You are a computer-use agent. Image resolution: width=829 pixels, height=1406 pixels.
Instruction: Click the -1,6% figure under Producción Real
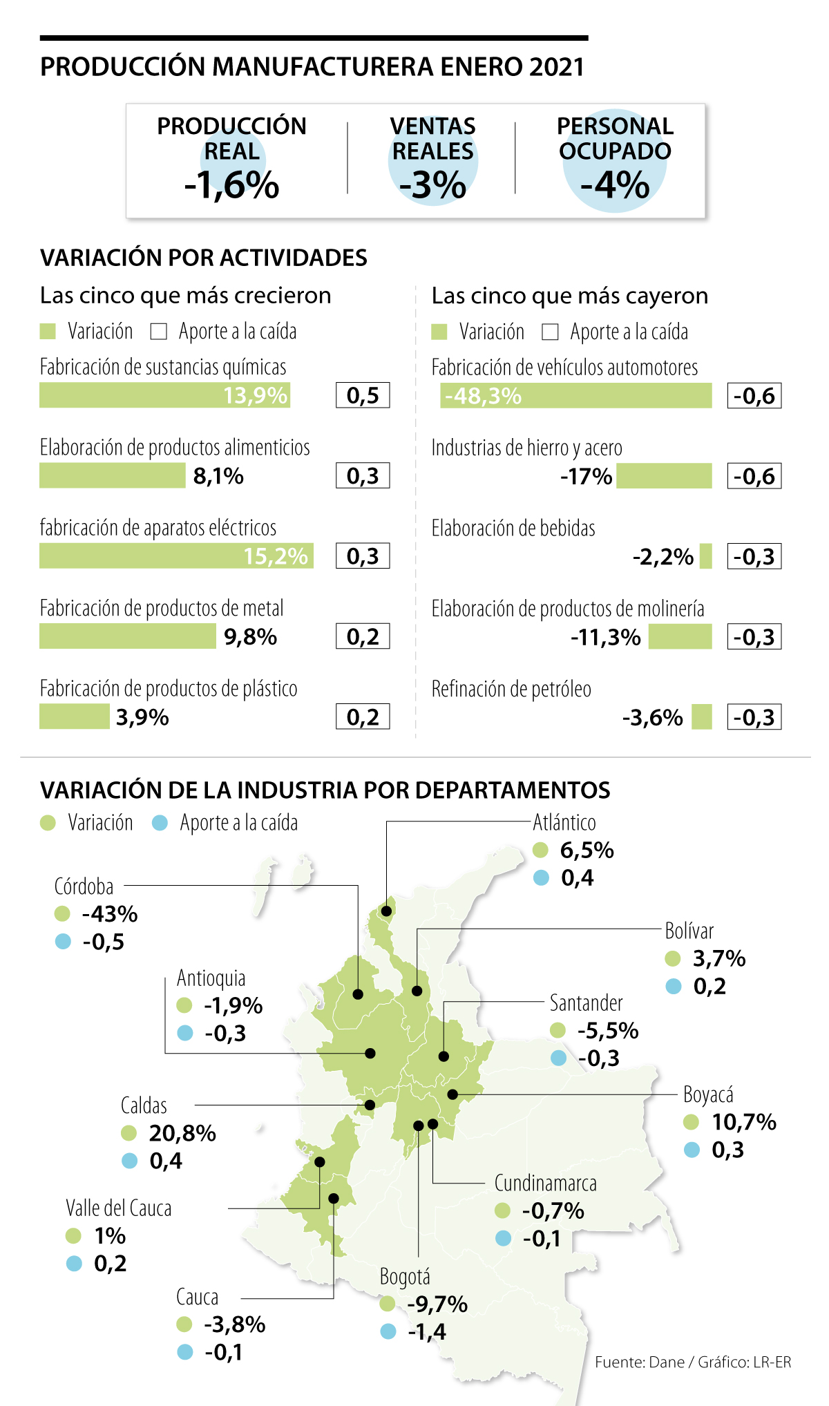[231, 185]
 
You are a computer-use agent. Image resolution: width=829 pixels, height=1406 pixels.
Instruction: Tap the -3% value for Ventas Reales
[433, 185]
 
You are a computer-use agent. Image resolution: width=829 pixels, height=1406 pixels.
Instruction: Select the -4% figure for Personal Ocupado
[615, 185]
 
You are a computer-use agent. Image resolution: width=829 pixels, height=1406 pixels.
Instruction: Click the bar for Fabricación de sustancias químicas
[164, 395]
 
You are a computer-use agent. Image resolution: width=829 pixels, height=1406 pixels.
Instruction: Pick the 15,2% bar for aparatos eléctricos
[176, 556]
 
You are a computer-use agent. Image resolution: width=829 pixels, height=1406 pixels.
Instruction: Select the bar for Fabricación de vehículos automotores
[575, 396]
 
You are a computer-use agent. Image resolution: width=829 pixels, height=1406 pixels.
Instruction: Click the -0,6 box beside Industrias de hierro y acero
[754, 476]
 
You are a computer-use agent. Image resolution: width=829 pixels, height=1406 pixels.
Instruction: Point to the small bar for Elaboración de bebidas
[705, 556]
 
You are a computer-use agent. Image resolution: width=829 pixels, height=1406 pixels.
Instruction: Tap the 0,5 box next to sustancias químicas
[363, 395]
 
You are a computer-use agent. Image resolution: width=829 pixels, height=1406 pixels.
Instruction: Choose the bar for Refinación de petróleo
[701, 717]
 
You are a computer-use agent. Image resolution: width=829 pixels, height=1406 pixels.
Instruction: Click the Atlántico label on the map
[564, 823]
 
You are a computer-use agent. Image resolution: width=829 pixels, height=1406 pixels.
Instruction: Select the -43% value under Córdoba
[110, 914]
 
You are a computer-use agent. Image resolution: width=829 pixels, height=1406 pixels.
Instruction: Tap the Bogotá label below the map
[405, 1277]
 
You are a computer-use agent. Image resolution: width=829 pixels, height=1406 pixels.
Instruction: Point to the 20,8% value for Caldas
[182, 1133]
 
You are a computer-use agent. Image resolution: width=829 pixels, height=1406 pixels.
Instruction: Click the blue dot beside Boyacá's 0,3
[692, 1150]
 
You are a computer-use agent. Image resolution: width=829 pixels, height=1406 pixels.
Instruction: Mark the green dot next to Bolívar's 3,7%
[673, 958]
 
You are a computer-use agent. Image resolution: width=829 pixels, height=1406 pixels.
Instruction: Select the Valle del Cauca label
[118, 1208]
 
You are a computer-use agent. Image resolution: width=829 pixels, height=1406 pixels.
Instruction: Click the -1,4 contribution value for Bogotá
[427, 1331]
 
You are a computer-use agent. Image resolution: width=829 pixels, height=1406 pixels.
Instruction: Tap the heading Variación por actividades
[204, 258]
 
